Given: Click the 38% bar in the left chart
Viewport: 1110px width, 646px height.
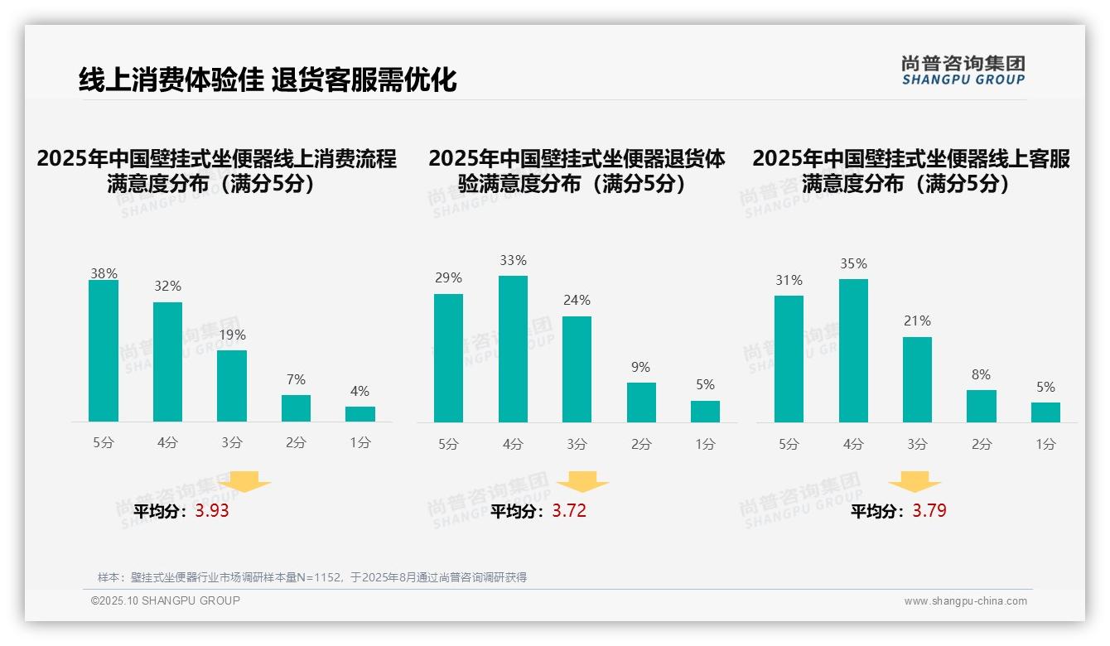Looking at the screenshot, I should [x=104, y=351].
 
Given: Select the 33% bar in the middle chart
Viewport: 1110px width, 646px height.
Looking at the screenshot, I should [x=513, y=349].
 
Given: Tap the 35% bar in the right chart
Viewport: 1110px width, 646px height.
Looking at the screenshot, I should [x=853, y=350].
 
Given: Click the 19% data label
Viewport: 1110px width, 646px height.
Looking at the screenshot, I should [x=233, y=335].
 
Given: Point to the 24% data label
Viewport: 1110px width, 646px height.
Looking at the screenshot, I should [x=577, y=301].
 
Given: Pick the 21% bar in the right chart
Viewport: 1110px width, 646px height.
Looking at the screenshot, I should [x=917, y=379].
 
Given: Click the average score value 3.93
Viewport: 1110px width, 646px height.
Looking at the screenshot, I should [x=212, y=511].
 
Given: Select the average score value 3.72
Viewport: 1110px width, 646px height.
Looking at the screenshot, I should [x=569, y=511].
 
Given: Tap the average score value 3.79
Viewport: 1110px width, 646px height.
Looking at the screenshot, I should [x=929, y=511].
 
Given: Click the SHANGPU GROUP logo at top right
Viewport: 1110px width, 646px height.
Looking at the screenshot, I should [x=963, y=70].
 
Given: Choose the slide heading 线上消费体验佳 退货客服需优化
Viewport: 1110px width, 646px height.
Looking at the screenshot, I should [x=268, y=80].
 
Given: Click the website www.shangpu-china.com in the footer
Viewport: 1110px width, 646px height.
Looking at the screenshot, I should [x=965, y=601].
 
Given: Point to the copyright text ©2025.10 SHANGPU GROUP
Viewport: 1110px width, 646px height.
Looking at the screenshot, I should [x=166, y=600].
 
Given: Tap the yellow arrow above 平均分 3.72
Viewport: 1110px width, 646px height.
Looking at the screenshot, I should [x=582, y=482].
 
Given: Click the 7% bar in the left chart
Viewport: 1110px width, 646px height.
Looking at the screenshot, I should [x=296, y=408].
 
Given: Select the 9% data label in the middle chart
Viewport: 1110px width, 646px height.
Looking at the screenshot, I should [x=640, y=368].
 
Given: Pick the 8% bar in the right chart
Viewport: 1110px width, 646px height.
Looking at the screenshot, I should [x=981, y=406].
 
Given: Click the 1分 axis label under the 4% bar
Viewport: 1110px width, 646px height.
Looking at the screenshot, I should [x=360, y=443].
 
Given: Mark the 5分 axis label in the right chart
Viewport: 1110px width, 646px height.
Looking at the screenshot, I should [x=789, y=445].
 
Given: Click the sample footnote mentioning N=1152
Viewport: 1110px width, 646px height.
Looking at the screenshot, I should [x=312, y=577].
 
